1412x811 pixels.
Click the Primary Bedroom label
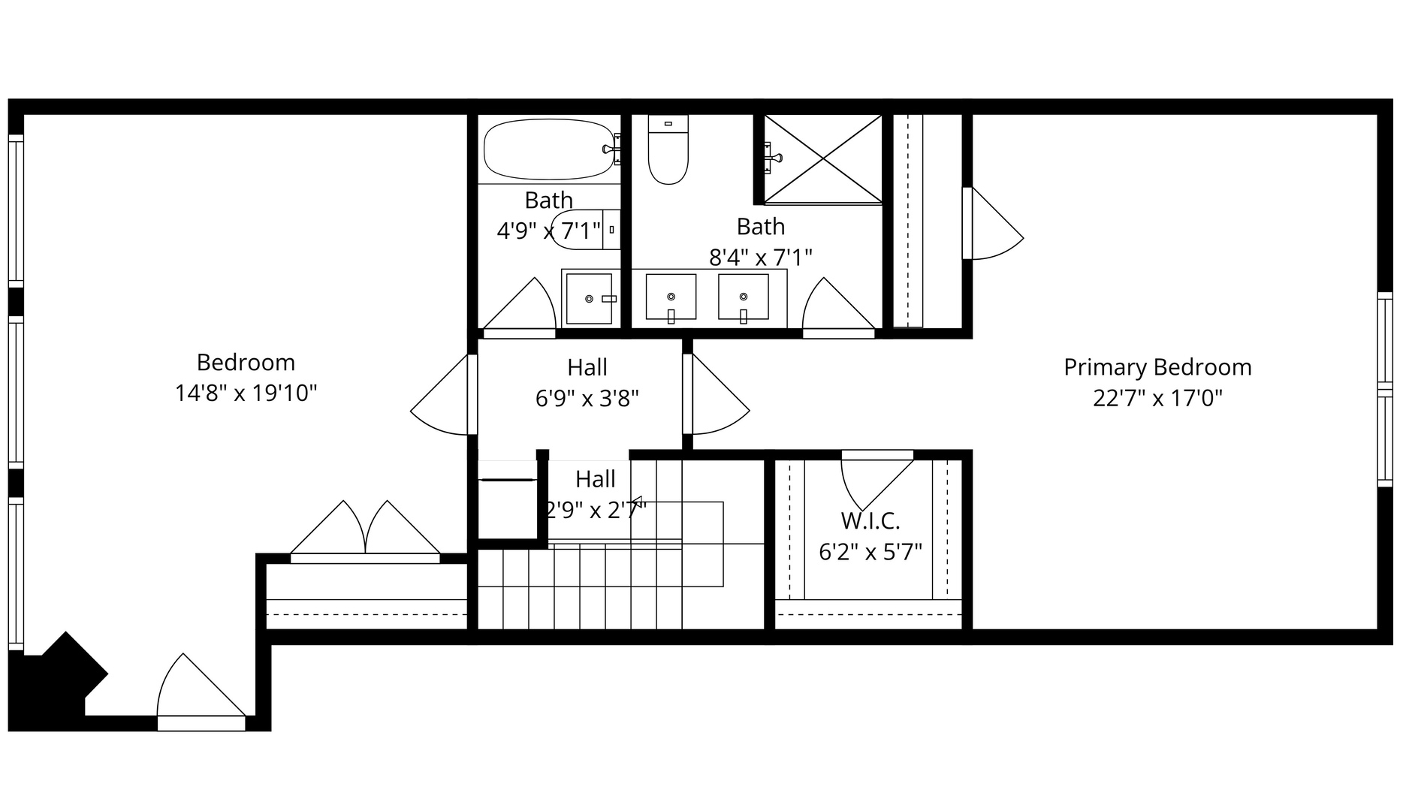[x=1157, y=367]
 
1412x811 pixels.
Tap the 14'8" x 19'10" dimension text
[x=246, y=393]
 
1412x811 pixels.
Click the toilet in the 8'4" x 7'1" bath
[x=668, y=150]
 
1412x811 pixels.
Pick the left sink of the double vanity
[x=671, y=297]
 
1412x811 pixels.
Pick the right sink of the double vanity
[x=743, y=297]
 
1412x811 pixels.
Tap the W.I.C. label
[x=870, y=520]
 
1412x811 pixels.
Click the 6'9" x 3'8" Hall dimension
[x=587, y=398]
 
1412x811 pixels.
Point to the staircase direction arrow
[x=637, y=501]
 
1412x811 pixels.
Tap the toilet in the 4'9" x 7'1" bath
[x=582, y=230]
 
